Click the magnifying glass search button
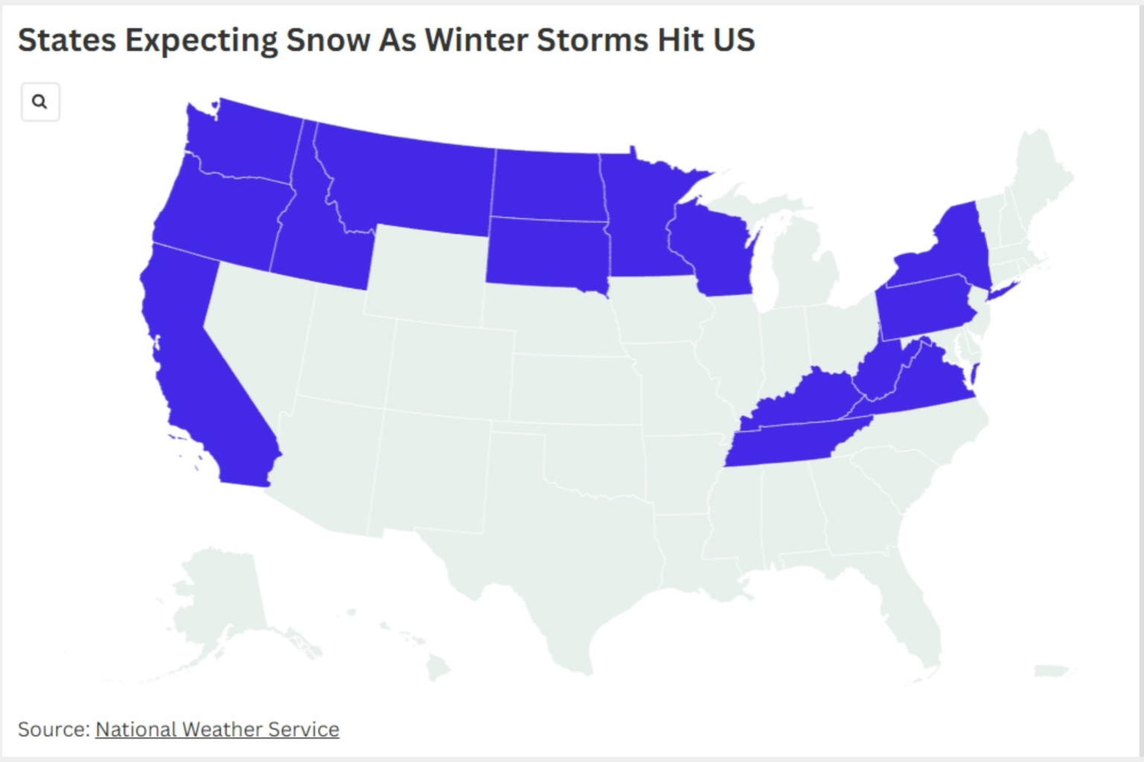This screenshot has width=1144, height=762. [x=40, y=102]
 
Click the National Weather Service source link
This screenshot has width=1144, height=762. [x=217, y=729]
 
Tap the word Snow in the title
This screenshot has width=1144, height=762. [x=328, y=40]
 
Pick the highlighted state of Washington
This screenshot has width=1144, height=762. [x=242, y=141]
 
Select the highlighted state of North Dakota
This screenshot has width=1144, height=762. [x=547, y=186]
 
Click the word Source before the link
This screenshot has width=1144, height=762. [x=52, y=729]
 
